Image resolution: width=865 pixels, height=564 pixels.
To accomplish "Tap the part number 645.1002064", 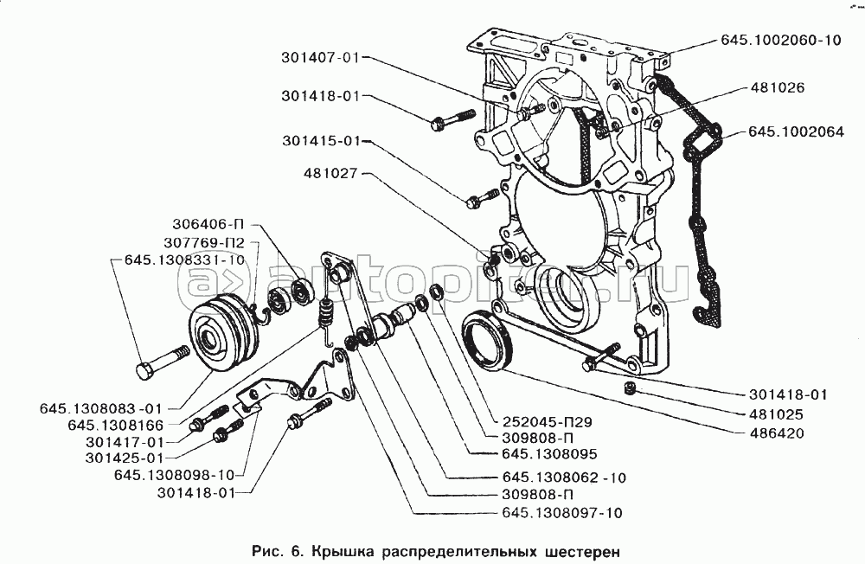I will pyautogui.click(x=797, y=134).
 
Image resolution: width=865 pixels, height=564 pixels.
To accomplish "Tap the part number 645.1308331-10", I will pyautogui.click(x=184, y=260).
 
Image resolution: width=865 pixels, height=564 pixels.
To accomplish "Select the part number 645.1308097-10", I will pyautogui.click(x=561, y=513).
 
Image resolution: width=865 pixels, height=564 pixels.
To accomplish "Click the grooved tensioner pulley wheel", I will pyautogui.click(x=221, y=333).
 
